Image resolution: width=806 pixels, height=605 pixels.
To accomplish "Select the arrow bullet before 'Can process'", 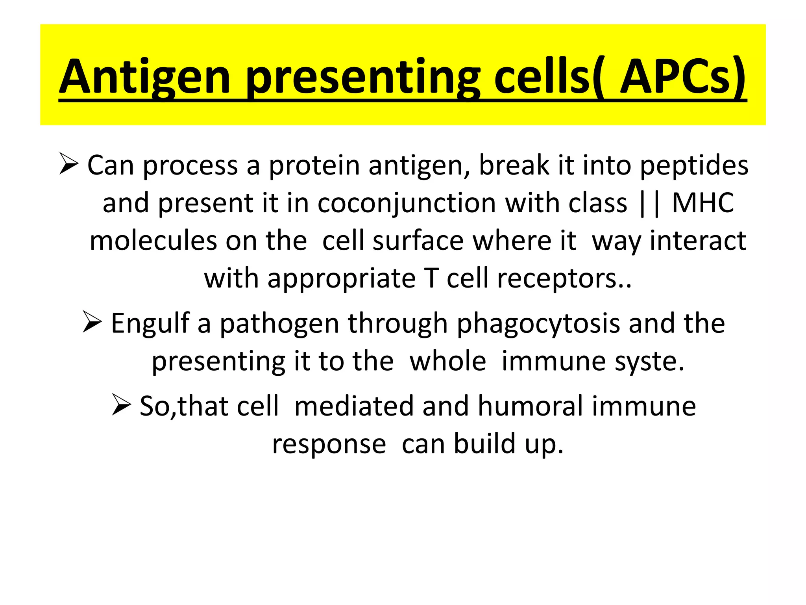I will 68,164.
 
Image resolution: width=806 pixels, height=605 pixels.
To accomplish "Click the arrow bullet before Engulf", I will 92,321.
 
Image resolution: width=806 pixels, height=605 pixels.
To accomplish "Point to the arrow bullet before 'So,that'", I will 121,405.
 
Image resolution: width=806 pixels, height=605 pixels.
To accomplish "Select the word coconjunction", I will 407,203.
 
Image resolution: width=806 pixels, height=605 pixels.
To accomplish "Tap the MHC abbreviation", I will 702,203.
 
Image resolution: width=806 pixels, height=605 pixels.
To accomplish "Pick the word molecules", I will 153,241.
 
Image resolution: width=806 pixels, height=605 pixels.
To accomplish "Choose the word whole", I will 447,361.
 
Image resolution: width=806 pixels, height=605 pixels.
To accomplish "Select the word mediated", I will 353,406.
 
